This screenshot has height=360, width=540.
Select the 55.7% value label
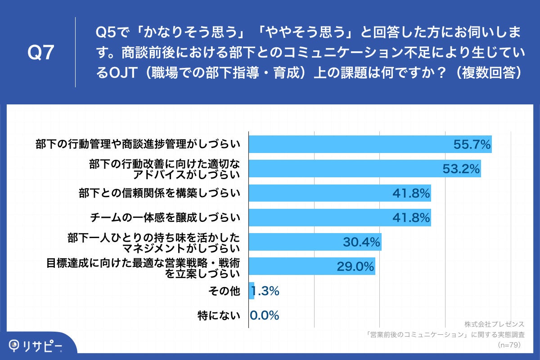click(x=471, y=144)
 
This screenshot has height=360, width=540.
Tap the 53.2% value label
click(x=461, y=169)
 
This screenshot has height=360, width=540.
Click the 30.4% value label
click(x=362, y=243)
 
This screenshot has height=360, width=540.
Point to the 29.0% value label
click(x=355, y=267)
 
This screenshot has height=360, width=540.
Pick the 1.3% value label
click(x=267, y=291)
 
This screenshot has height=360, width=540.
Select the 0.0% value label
click(x=265, y=315)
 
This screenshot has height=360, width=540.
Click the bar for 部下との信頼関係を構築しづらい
click(x=340, y=193)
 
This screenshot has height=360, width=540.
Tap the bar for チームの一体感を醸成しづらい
click(x=340, y=218)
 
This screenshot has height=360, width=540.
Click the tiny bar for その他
click(x=252, y=291)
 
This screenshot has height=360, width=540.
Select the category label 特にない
click(x=219, y=315)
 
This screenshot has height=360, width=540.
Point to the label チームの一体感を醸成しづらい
click(x=163, y=218)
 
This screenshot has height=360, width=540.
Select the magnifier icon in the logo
click(x=15, y=345)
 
